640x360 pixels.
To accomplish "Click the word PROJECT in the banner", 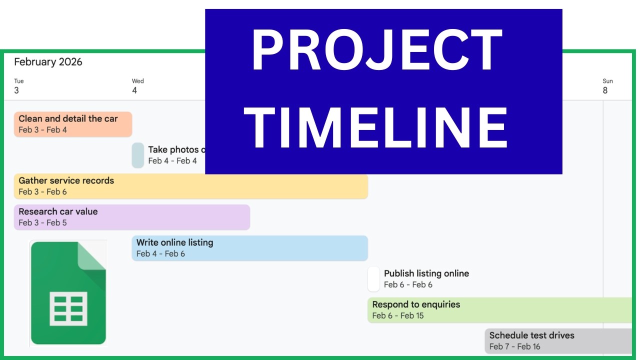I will click(x=376, y=51).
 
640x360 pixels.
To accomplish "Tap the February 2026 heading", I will click(x=48, y=62).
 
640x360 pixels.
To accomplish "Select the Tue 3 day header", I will click(x=18, y=86).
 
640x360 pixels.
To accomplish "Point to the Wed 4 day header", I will click(x=137, y=86).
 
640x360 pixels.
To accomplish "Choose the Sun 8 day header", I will click(x=607, y=86).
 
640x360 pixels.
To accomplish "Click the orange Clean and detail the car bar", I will click(x=73, y=124).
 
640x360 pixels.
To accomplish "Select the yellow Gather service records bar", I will click(x=190, y=186).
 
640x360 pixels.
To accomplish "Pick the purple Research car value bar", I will click(x=131, y=217).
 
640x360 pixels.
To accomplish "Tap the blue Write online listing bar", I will click(x=249, y=248).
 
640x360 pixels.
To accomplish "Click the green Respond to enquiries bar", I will click(x=500, y=310).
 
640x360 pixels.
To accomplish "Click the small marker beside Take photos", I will click(x=138, y=155).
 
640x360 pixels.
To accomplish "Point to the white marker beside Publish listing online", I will click(x=373, y=279).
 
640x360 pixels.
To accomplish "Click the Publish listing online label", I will click(x=426, y=273).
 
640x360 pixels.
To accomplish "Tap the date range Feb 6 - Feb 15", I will click(x=398, y=316).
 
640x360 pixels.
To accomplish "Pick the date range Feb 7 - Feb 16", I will click(x=514, y=347).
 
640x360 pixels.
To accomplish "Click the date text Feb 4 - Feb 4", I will click(x=172, y=161).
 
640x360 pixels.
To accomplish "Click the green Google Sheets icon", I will click(x=68, y=293).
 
